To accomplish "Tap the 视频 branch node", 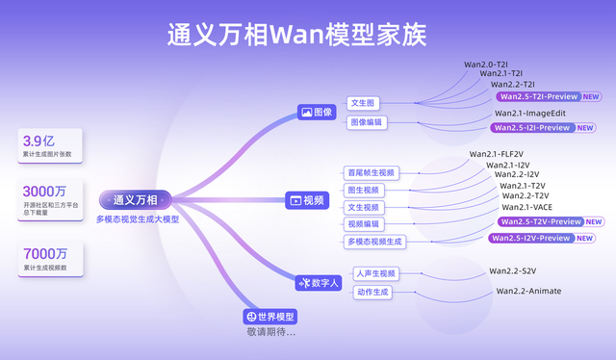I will coord(308,200).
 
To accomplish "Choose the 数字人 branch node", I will coord(319,282).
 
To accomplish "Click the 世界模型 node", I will coord(269,317).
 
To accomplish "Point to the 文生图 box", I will coord(364,103).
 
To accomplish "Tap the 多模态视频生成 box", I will coord(375,241).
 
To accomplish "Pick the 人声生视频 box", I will coord(374,273).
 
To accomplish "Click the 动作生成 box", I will coord(372,292).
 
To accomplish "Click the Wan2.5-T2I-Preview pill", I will coord(537,96).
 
